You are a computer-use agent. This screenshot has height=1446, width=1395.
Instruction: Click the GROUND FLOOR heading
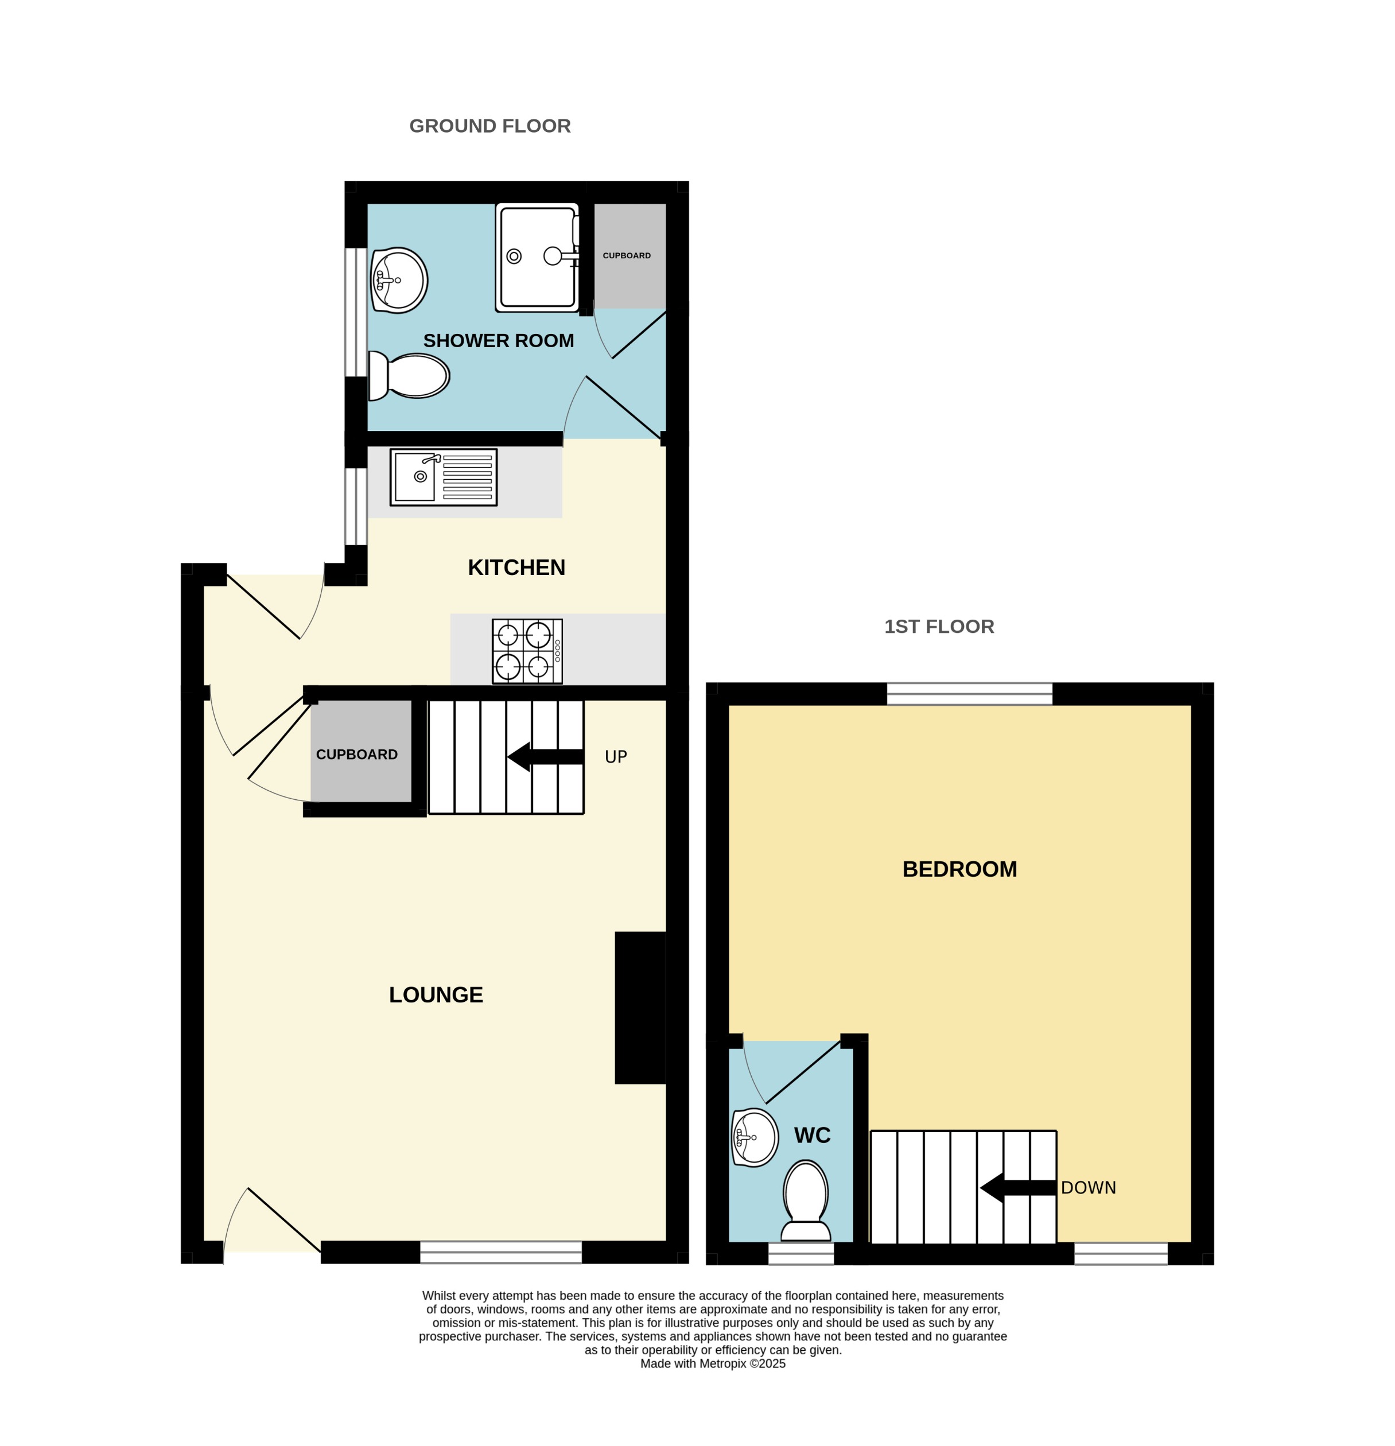pyautogui.click(x=490, y=126)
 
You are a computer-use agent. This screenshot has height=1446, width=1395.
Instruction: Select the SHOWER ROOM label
pyautogui.click(x=498, y=341)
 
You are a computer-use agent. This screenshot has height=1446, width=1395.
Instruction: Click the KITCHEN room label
pyautogui.click(x=516, y=567)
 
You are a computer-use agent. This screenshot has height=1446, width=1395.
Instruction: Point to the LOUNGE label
pyautogui.click(x=436, y=994)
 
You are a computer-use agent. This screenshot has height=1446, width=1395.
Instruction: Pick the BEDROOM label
pyautogui.click(x=959, y=869)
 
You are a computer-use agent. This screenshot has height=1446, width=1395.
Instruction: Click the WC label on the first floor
pyautogui.click(x=812, y=1136)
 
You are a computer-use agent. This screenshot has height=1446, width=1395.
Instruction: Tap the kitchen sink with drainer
pyautogui.click(x=444, y=477)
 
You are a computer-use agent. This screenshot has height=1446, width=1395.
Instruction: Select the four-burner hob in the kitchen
pyautogui.click(x=527, y=651)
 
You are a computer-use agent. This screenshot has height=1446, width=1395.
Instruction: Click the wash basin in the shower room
pyautogui.click(x=398, y=281)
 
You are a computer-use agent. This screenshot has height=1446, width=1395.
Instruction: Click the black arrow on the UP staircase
pyautogui.click(x=545, y=757)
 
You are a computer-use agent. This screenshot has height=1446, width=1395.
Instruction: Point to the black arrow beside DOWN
pyautogui.click(x=1017, y=1188)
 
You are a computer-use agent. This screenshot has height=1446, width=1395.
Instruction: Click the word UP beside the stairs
pyautogui.click(x=615, y=757)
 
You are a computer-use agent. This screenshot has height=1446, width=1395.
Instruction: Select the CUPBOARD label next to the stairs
pyautogui.click(x=356, y=755)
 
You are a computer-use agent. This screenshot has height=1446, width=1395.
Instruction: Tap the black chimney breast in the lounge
pyautogui.click(x=640, y=1008)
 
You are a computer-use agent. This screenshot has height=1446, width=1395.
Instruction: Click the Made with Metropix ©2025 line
pyautogui.click(x=713, y=1363)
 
